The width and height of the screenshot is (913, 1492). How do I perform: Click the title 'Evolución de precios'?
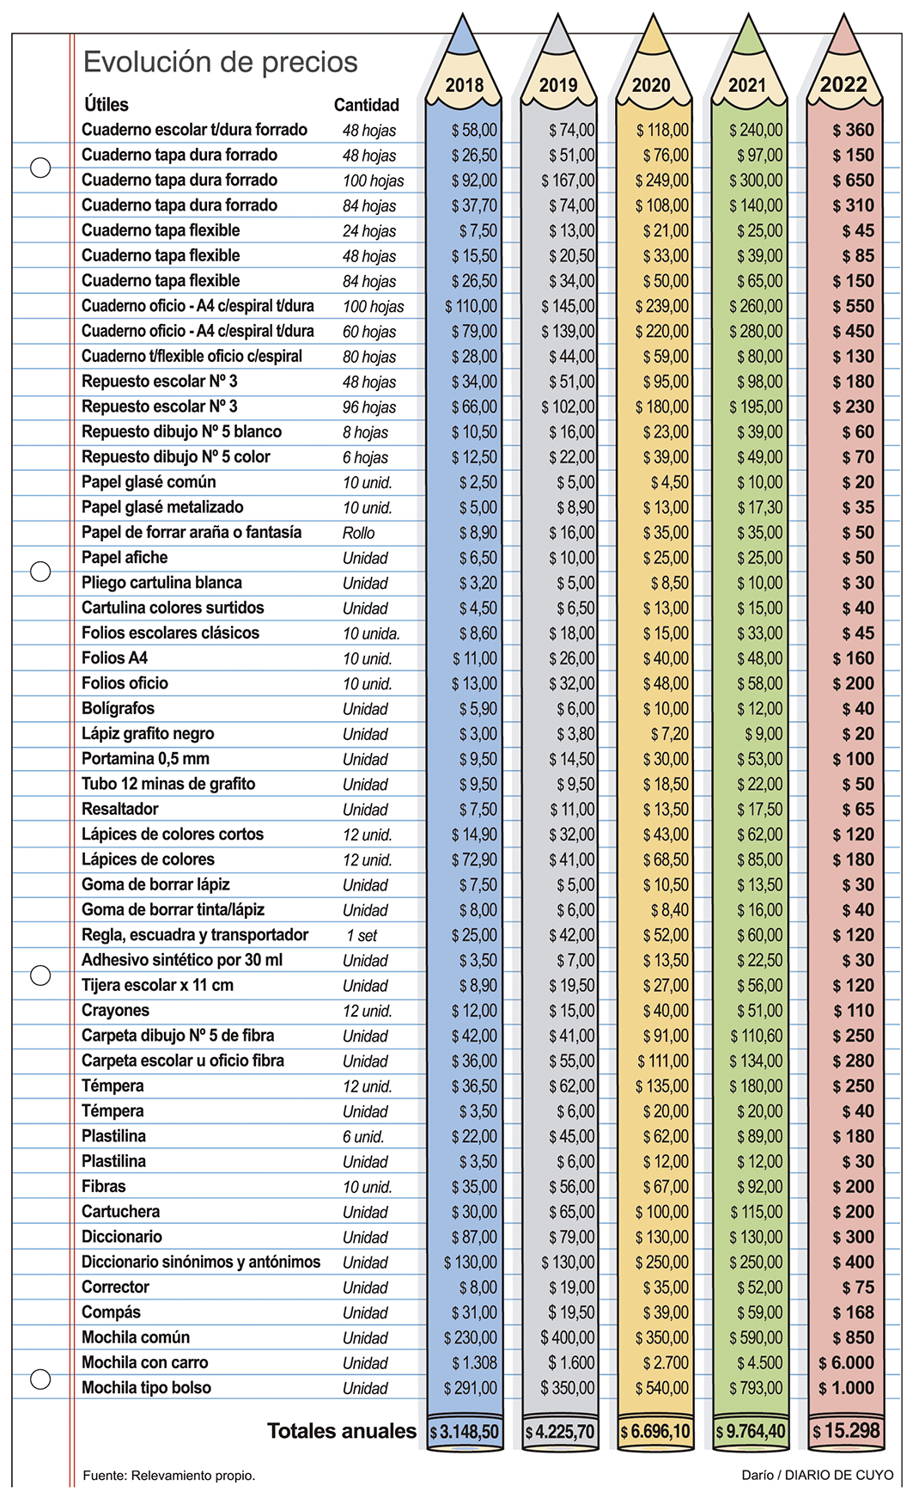[220, 62]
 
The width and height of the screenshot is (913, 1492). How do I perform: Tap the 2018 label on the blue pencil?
[465, 85]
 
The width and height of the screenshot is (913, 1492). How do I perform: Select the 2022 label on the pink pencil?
[843, 84]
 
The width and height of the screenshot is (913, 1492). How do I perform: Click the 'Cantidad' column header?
[366, 105]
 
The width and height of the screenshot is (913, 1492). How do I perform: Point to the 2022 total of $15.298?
[846, 1430]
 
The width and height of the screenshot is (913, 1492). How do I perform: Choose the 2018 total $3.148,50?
[465, 1432]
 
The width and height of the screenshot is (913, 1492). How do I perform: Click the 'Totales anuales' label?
[342, 1430]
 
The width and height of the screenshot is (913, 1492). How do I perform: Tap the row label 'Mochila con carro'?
[144, 1362]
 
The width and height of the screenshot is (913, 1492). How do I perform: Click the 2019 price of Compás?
[571, 1312]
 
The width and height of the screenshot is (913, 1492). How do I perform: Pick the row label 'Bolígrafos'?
[118, 708]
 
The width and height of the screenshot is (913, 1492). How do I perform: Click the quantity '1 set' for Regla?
[362, 935]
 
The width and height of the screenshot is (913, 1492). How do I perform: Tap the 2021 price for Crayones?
[759, 1011]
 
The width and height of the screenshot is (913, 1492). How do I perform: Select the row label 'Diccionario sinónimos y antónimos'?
[200, 1262]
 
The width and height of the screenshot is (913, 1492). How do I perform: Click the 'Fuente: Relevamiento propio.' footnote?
[168, 1476]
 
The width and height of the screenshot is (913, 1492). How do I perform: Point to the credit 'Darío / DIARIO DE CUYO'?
[816, 1475]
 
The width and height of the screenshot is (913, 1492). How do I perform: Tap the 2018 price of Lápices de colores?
[474, 859]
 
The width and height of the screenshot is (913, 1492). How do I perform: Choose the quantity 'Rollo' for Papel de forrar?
[358, 533]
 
